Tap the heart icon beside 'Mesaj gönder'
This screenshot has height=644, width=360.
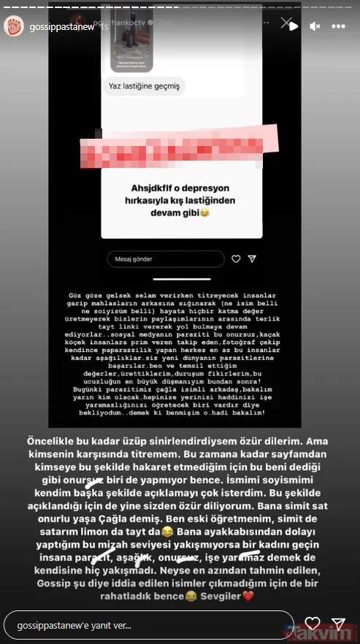(x=235, y=258)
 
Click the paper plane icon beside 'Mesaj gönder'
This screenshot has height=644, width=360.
(x=252, y=258)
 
